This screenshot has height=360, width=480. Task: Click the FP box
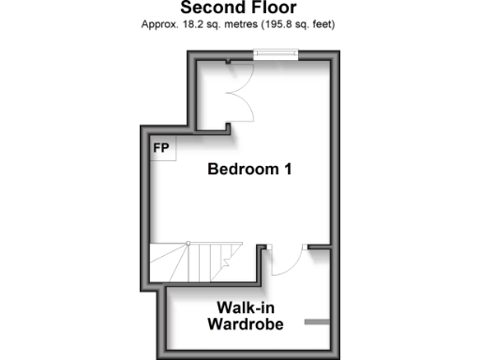(161, 148)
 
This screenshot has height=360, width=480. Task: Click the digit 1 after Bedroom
(289, 170)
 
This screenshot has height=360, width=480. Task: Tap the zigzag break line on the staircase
(225, 262)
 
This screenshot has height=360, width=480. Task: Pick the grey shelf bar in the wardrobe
(318, 322)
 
